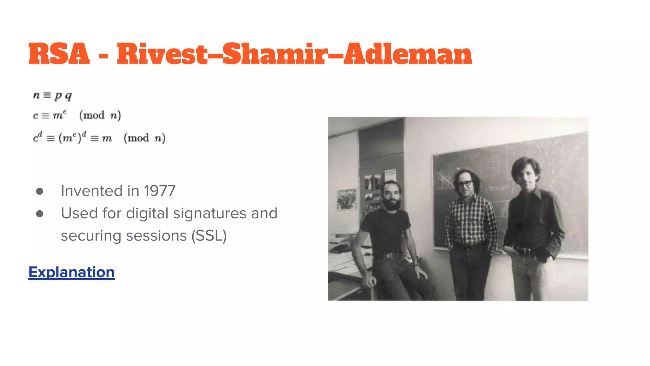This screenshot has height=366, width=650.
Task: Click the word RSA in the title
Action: (x=59, y=54)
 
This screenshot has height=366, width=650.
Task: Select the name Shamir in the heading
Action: (x=275, y=54)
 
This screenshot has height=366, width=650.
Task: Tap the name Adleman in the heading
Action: (x=408, y=54)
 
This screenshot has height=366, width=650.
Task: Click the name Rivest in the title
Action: (x=162, y=54)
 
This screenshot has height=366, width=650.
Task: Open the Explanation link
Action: (x=71, y=272)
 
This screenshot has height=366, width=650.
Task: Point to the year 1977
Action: (x=159, y=191)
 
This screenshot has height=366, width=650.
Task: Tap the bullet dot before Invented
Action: (x=40, y=191)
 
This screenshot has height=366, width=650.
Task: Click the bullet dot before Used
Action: (x=40, y=214)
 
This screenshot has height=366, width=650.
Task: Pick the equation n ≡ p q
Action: (x=52, y=95)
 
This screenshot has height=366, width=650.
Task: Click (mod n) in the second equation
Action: (x=100, y=115)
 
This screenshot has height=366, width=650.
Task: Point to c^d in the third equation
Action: (x=37, y=138)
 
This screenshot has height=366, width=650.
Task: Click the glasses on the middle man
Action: (x=465, y=183)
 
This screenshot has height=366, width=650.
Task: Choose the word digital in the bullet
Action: (x=147, y=213)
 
